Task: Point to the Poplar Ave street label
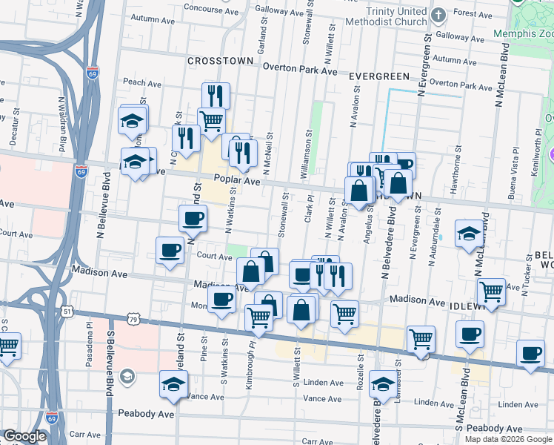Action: tap(237, 180)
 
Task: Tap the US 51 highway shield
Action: tap(67, 312)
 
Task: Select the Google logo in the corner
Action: tap(25, 436)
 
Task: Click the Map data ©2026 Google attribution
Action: tap(507, 438)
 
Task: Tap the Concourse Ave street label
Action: tap(194, 10)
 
